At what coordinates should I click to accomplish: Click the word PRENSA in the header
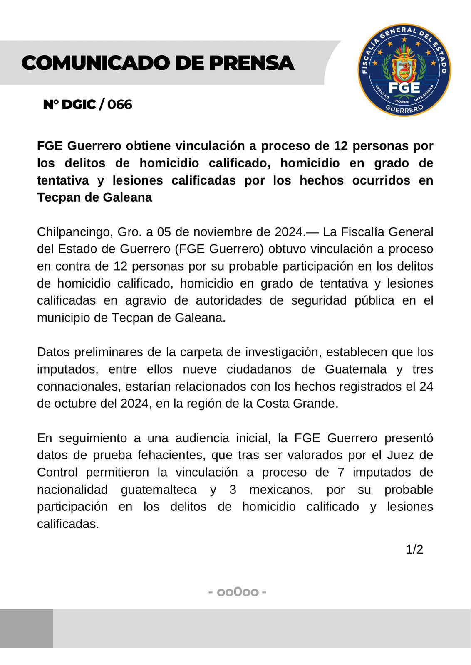coord(251,63)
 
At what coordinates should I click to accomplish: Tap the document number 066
coord(120,104)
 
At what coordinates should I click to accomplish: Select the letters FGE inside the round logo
coord(404,88)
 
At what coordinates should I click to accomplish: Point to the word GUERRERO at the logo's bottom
coord(404,109)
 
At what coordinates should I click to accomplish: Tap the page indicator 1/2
coord(414,549)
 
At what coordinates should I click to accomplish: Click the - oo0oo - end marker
coord(237,591)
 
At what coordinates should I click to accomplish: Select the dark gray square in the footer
coord(27,628)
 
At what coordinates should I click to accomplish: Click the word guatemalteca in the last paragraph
coord(159,490)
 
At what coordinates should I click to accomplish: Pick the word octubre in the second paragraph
coord(77,404)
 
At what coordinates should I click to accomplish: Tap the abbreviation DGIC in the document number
coord(79,104)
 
